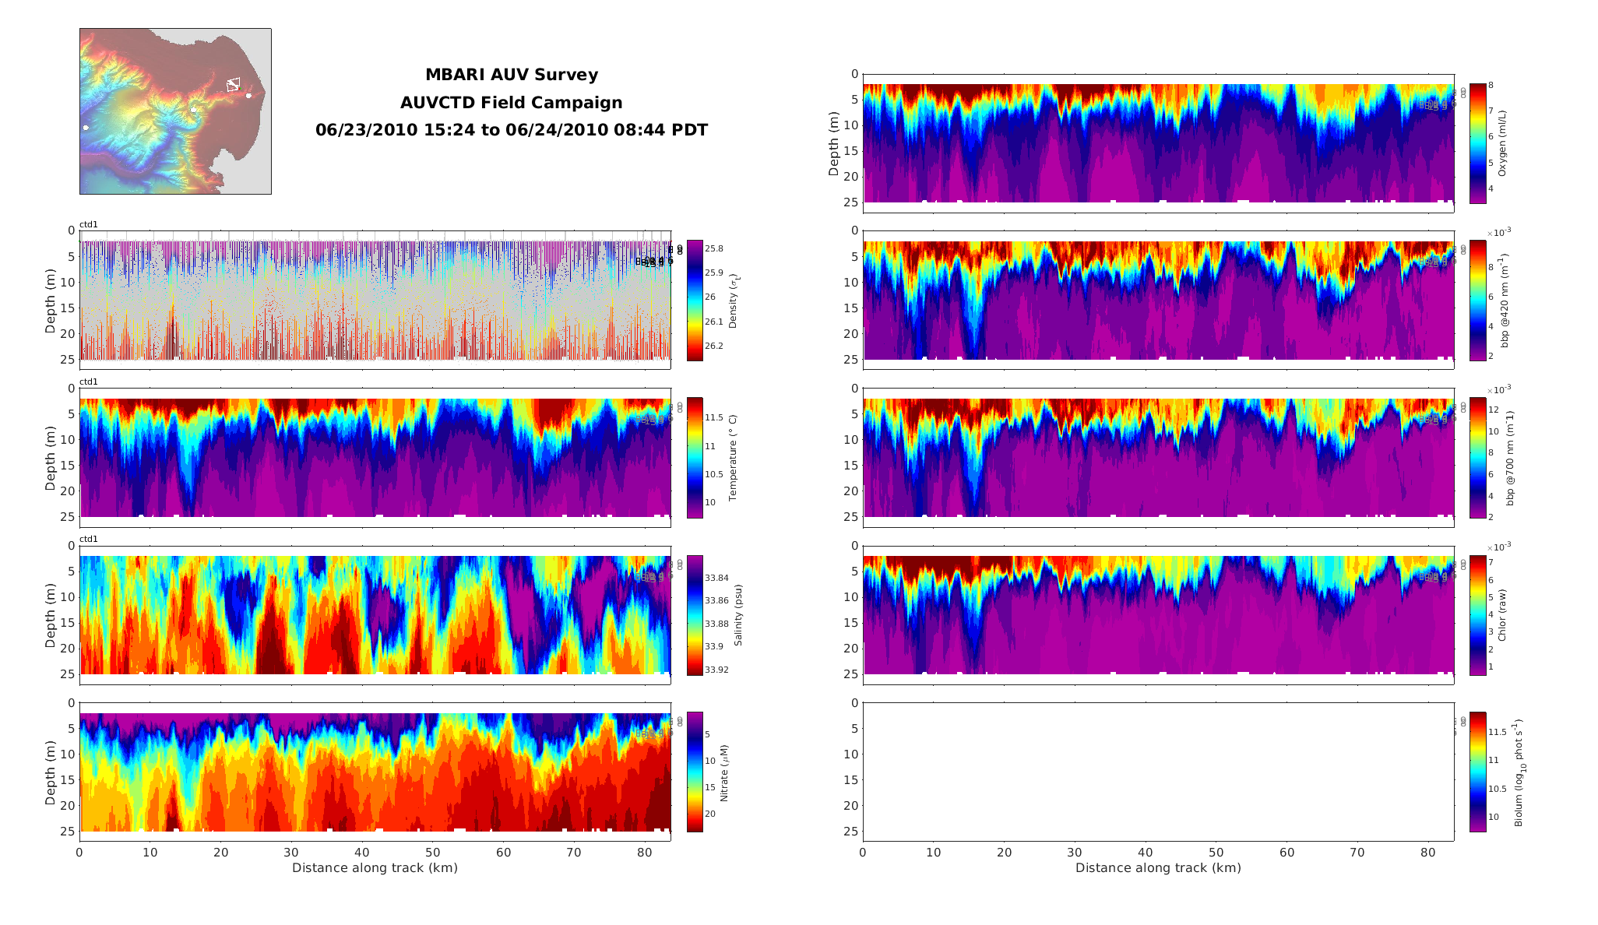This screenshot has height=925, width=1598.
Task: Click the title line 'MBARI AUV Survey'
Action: pyautogui.click(x=511, y=75)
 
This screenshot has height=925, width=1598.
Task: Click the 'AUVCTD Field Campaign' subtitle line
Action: pyautogui.click(x=511, y=103)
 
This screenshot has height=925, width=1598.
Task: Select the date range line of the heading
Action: pyautogui.click(x=511, y=130)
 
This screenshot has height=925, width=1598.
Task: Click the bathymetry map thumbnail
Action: pyautogui.click(x=175, y=111)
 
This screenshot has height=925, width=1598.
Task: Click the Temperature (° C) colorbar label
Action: pyautogui.click(x=733, y=457)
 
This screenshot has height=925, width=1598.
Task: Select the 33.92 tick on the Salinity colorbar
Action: pyautogui.click(x=716, y=670)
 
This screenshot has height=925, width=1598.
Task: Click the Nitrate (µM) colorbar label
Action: pyautogui.click(x=724, y=772)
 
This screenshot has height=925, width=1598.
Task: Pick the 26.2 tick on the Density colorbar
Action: pyautogui.click(x=713, y=346)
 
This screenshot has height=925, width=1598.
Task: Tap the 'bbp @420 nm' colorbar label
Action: pyautogui.click(x=1505, y=301)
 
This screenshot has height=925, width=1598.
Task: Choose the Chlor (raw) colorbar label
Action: pyautogui.click(x=1502, y=615)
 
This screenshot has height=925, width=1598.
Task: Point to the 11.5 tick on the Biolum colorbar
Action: pyautogui.click(x=1497, y=732)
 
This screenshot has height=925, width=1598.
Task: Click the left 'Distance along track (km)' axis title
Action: pyautogui.click(x=375, y=867)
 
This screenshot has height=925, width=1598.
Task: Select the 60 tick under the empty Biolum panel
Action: pyautogui.click(x=1286, y=853)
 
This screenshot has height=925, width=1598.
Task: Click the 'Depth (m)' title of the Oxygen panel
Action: pyautogui.click(x=834, y=143)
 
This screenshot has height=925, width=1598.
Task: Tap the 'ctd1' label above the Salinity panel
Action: pyautogui.click(x=89, y=539)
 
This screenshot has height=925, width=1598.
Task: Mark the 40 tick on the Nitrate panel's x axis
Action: pyautogui.click(x=362, y=853)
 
